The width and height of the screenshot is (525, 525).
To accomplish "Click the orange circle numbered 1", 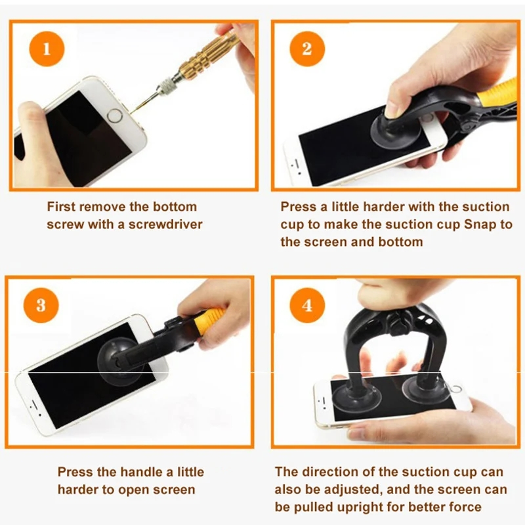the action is (x=47, y=49).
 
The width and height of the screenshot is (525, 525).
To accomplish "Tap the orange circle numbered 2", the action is (x=307, y=49).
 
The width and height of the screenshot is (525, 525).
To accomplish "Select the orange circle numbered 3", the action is (x=41, y=305).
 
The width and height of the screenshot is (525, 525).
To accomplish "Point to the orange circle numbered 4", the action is (x=307, y=305).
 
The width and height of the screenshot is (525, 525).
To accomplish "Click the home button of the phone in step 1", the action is (x=115, y=117).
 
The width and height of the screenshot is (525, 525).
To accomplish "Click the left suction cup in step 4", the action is (x=356, y=398).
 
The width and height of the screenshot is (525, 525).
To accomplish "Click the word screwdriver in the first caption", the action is (x=165, y=224).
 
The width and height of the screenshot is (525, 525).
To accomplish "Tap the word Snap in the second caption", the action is (x=480, y=224).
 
